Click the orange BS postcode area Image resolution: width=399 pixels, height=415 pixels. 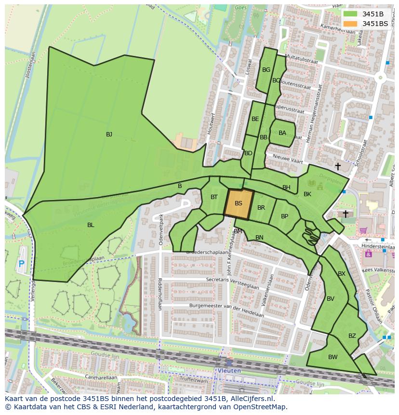click(239, 204)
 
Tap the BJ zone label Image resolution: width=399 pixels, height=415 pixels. click(109, 134)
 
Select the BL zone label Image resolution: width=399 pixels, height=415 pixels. click(91, 225)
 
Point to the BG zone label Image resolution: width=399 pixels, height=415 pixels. click(266, 70)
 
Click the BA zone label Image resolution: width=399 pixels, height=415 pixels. click(282, 133)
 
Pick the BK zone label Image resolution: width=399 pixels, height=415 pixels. click(307, 194)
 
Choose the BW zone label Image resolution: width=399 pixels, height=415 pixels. click(333, 357)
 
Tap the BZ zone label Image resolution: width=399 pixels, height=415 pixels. click(352, 336)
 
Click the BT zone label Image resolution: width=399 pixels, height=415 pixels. click(214, 197)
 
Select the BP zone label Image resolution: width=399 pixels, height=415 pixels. click(284, 216)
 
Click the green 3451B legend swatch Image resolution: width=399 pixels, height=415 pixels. click(351, 14)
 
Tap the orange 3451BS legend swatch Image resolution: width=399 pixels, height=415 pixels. click(351, 24)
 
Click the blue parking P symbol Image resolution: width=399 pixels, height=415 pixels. click(21, 264)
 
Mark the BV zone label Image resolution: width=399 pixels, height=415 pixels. click(331, 299)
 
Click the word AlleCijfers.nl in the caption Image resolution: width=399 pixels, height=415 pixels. click(251, 399)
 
